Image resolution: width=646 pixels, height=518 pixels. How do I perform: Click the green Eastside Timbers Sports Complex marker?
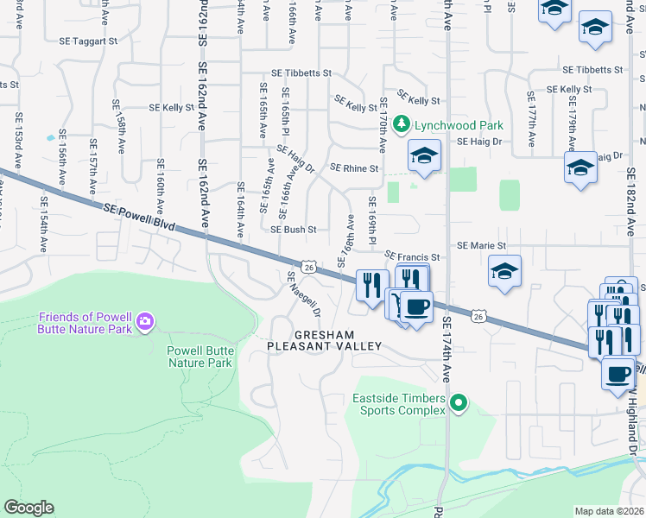click(x=459, y=403)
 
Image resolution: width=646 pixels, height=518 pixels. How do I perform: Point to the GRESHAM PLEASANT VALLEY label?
click(x=324, y=340)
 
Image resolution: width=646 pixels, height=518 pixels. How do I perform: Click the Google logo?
click(x=28, y=508)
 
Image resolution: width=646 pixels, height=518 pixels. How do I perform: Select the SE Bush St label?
click(x=294, y=231)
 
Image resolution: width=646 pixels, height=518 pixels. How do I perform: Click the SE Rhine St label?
click(x=354, y=168)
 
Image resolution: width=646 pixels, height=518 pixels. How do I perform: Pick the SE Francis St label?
click(x=413, y=256)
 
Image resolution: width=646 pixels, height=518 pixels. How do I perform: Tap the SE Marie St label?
click(x=481, y=245)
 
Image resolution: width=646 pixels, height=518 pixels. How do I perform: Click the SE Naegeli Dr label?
click(x=305, y=294)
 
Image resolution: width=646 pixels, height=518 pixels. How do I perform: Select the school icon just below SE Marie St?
click(x=504, y=269)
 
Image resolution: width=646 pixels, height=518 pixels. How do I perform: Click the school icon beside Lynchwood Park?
click(x=424, y=155)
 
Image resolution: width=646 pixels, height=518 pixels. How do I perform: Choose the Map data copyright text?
click(x=610, y=510)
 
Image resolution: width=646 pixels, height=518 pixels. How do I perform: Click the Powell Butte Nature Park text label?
click(x=199, y=357)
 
